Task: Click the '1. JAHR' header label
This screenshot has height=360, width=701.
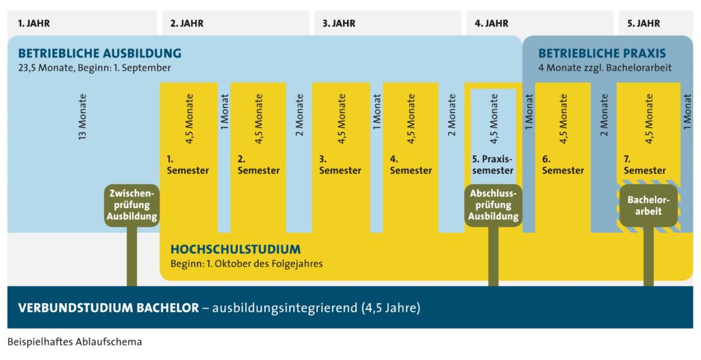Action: [34, 23]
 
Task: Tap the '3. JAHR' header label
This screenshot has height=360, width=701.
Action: [339, 23]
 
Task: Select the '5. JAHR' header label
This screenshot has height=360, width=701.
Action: [643, 23]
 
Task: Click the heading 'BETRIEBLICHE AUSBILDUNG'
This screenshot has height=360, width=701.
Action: [100, 53]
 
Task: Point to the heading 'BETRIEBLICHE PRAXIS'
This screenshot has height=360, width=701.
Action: [602, 53]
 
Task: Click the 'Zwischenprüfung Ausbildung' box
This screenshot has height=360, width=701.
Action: [132, 205]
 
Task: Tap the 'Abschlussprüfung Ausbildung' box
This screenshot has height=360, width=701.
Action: [493, 205]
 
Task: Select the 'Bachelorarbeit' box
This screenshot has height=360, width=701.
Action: [648, 205]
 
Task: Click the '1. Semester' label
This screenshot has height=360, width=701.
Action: [188, 164]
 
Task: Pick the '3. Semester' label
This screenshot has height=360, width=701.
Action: [340, 164]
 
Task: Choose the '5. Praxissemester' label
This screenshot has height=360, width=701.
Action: [493, 164]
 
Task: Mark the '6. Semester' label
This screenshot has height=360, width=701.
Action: [563, 164]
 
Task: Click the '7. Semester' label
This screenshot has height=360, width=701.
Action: [644, 164]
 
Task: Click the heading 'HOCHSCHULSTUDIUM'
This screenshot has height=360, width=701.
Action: [235, 250]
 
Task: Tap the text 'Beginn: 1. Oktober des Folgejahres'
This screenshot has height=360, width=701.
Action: [246, 263]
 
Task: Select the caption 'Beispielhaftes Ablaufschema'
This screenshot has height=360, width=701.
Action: [75, 342]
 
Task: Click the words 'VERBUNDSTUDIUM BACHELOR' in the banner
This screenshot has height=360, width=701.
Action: [103, 307]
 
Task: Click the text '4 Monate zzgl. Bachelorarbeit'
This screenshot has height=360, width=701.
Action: [604, 68]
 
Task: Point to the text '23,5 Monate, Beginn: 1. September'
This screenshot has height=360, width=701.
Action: [94, 68]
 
